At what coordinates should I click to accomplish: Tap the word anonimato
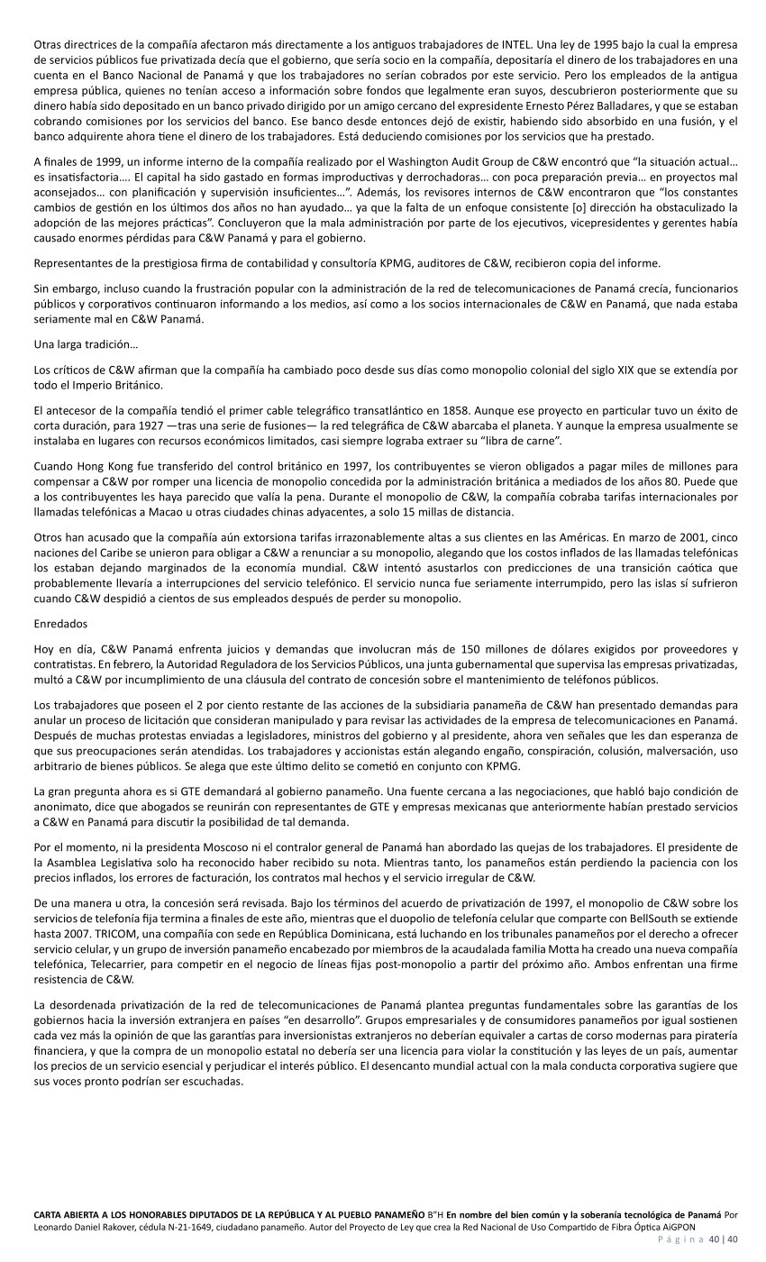coord(66,806)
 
